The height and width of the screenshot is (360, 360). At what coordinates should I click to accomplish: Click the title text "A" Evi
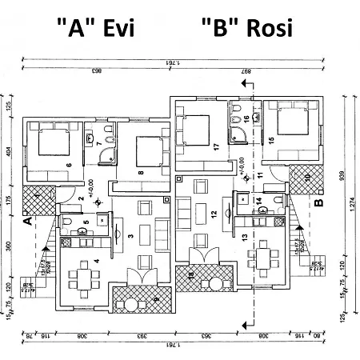tap(95, 28)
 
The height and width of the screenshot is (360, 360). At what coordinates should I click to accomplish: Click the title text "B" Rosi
tap(246, 28)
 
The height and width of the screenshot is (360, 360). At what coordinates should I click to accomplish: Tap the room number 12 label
tap(214, 214)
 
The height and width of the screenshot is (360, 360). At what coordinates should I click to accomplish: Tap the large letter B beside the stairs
tap(318, 203)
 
